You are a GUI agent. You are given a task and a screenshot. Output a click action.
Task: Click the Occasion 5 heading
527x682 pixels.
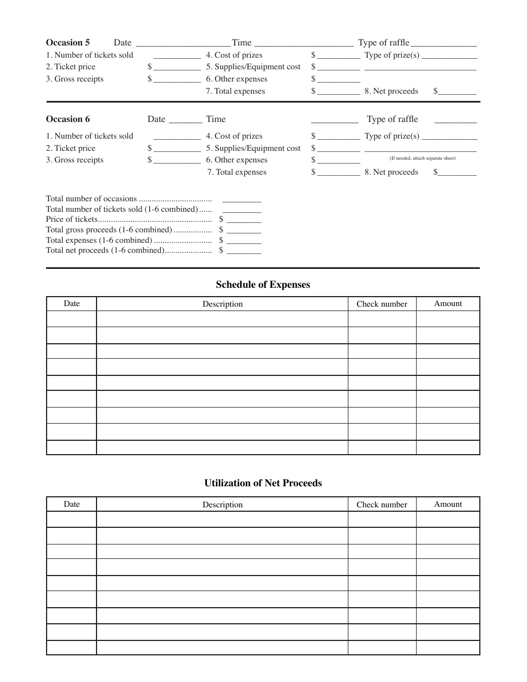click(x=68, y=43)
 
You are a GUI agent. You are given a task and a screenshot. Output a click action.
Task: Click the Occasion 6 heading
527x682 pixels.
click(x=68, y=119)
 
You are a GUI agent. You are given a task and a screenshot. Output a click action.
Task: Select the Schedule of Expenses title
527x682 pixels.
click(x=263, y=284)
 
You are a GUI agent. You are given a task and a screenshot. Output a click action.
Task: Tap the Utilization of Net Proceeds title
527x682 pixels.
click(x=263, y=483)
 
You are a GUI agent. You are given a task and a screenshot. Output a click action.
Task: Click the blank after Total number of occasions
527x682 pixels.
click(x=241, y=199)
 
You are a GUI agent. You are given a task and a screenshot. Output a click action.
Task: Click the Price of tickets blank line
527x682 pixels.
click(x=244, y=220)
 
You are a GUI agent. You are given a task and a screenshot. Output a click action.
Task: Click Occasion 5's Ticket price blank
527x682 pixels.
click(x=177, y=67)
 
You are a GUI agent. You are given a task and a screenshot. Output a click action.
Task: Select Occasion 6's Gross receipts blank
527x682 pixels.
click(x=177, y=160)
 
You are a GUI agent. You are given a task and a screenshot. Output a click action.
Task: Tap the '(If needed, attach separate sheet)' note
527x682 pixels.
click(x=422, y=159)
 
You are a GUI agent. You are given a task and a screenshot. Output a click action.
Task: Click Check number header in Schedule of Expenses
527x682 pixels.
click(x=382, y=304)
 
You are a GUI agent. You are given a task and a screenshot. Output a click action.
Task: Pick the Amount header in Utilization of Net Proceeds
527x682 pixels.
click(x=448, y=505)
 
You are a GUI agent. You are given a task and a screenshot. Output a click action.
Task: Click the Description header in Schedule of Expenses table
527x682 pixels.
click(x=222, y=304)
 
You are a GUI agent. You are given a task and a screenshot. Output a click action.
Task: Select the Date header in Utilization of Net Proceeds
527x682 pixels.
click(x=72, y=505)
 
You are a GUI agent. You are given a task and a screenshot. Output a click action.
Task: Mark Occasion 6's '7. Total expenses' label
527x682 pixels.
click(x=237, y=172)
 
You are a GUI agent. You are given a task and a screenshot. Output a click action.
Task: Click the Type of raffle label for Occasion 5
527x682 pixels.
click(x=383, y=43)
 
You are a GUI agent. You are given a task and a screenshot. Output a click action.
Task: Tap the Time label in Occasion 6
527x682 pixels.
click(x=216, y=119)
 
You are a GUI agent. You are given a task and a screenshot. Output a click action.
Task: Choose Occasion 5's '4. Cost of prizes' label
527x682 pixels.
click(x=234, y=55)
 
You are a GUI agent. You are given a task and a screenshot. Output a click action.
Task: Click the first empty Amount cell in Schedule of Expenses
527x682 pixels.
click(x=448, y=319)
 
